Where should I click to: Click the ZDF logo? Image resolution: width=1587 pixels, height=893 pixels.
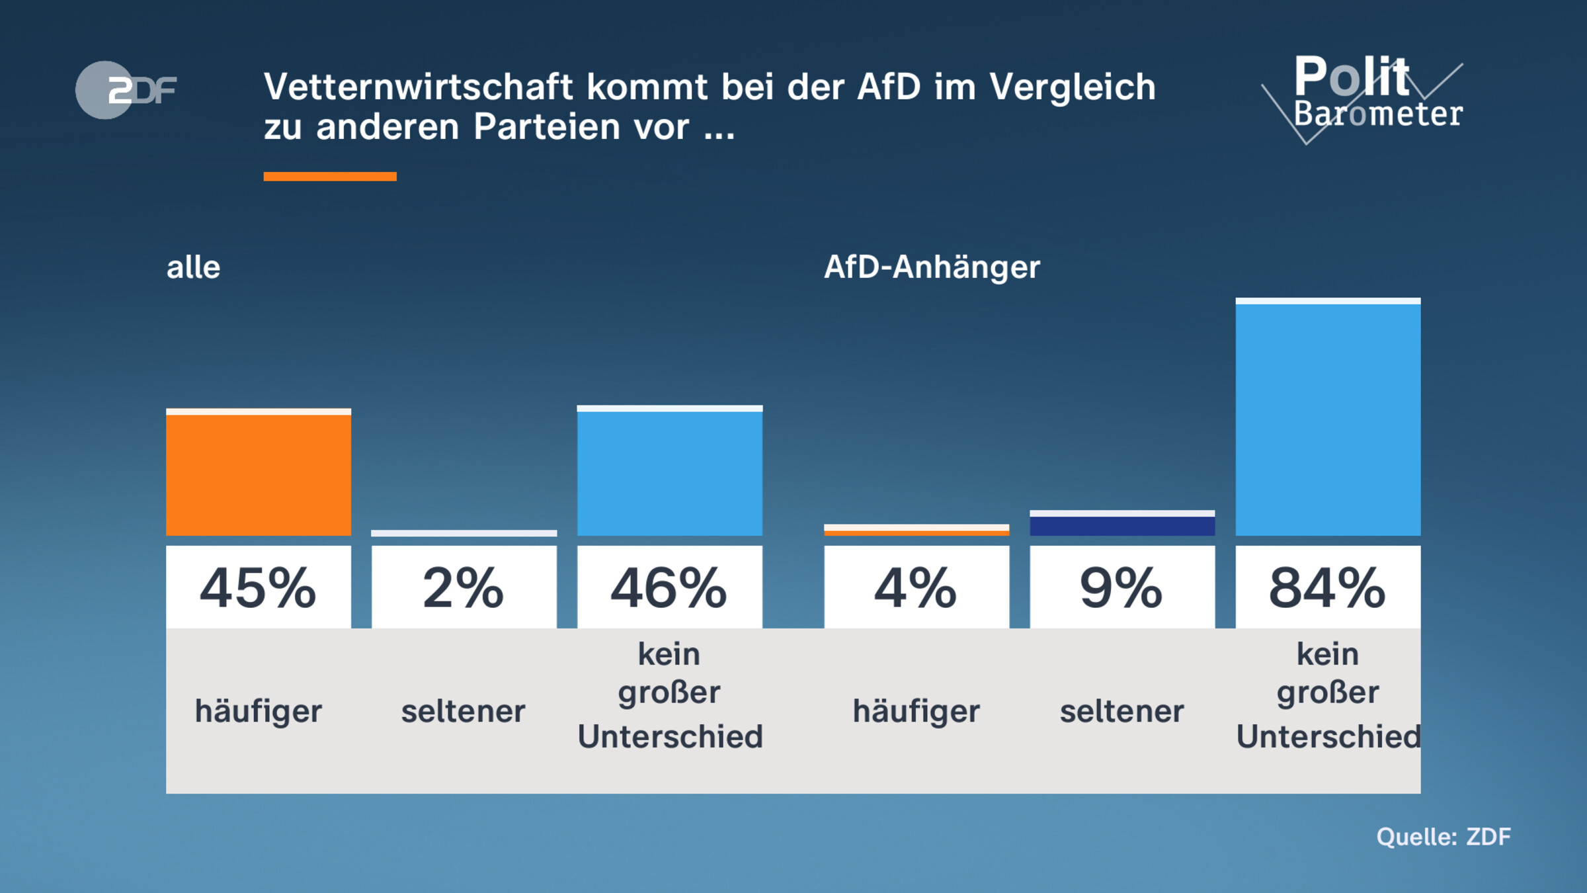click(x=126, y=90)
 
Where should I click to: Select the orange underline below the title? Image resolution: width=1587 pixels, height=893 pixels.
click(x=329, y=176)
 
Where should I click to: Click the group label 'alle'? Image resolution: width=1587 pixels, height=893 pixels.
click(x=193, y=267)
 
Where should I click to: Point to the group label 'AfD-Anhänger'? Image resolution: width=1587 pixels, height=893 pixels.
click(x=931, y=267)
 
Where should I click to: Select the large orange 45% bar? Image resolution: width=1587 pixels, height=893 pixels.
click(x=258, y=474)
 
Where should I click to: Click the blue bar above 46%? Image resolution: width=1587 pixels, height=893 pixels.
click(x=669, y=472)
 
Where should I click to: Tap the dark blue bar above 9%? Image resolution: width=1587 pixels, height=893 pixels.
click(x=1121, y=525)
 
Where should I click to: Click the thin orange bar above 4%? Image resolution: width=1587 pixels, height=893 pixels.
click(x=916, y=532)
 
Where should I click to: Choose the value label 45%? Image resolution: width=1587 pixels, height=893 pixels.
click(x=258, y=587)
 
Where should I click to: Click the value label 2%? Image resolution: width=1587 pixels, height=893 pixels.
click(x=464, y=587)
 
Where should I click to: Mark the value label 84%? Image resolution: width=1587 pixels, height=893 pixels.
click(x=1327, y=587)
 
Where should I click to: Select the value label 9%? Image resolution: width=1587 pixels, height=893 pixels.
click(x=1121, y=587)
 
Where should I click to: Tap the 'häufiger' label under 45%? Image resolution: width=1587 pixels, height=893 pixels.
click(x=258, y=712)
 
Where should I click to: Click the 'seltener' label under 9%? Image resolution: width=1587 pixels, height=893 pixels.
click(x=1121, y=712)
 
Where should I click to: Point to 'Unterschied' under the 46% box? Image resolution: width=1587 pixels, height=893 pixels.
click(x=670, y=736)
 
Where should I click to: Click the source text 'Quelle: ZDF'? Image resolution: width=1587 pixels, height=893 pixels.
click(x=1443, y=837)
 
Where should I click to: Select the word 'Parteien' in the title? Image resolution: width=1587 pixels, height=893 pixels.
click(x=548, y=126)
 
